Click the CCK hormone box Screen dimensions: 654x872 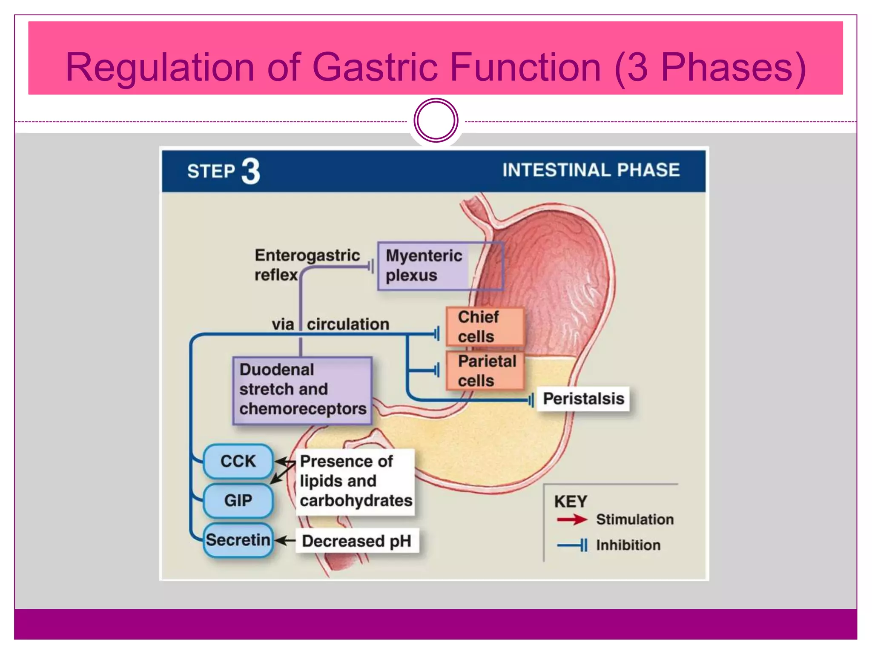(238, 461)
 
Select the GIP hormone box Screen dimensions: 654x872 (238, 500)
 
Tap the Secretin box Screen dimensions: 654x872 (238, 540)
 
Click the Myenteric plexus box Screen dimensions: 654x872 (440, 266)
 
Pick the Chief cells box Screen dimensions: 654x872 (485, 327)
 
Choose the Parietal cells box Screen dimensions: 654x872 (485, 370)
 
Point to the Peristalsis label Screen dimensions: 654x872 (583, 399)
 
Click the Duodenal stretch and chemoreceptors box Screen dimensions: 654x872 (302, 390)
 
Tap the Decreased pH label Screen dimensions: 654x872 (357, 541)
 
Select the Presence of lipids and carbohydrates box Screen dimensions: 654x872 (356, 481)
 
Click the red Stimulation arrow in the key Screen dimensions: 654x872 (571, 519)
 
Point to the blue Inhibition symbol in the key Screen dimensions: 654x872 (573, 545)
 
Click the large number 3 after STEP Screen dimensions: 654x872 (251, 171)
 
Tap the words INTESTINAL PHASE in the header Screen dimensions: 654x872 (591, 170)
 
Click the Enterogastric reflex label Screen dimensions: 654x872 (307, 264)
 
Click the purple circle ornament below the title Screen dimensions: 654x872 (436, 120)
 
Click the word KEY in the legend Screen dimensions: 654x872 (570, 501)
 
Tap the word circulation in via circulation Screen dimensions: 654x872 (348, 324)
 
